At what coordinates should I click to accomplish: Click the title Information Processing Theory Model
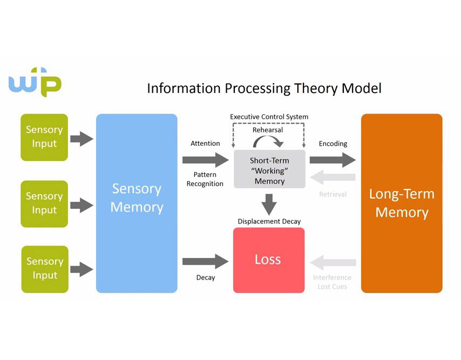(x=264, y=88)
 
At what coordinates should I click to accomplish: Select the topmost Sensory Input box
(x=44, y=137)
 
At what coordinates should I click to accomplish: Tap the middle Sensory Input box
(x=44, y=203)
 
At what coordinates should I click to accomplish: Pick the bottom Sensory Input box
(x=44, y=269)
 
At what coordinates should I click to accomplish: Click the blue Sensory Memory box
(x=137, y=203)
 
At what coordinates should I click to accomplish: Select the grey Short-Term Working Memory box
(x=269, y=169)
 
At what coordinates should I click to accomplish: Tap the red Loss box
(x=268, y=260)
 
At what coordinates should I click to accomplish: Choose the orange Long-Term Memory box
(x=402, y=203)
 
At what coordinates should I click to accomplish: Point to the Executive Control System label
(x=269, y=117)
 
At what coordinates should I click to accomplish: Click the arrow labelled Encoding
(x=333, y=159)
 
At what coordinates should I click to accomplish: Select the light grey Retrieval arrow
(x=333, y=177)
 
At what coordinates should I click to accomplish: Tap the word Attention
(x=205, y=144)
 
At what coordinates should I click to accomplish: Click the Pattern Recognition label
(x=205, y=179)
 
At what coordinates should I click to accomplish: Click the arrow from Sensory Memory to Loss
(x=205, y=261)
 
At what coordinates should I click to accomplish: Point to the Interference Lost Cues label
(x=332, y=282)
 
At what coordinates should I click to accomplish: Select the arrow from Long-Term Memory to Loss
(x=333, y=263)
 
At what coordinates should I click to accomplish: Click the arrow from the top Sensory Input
(x=82, y=139)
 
